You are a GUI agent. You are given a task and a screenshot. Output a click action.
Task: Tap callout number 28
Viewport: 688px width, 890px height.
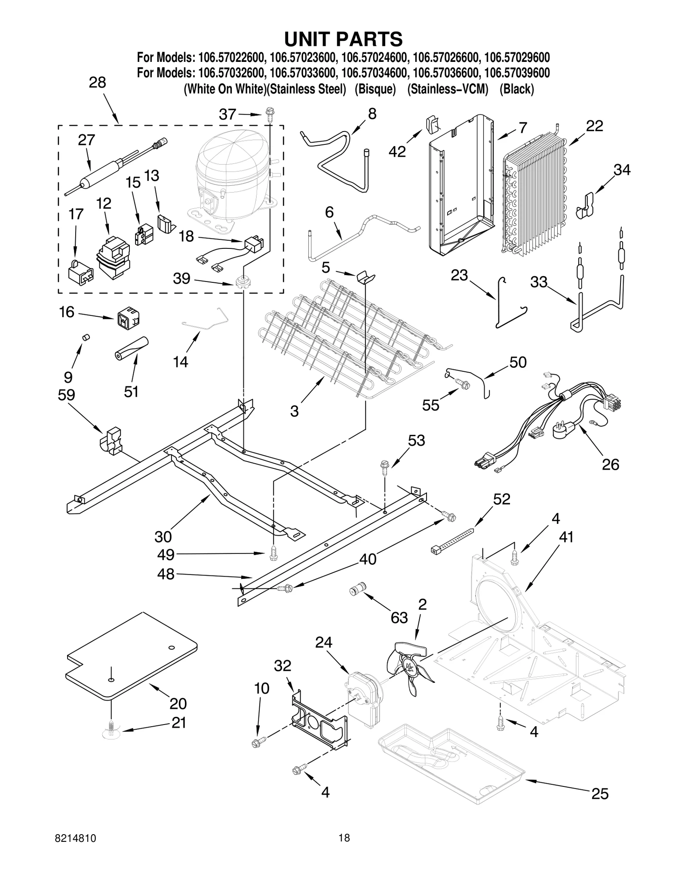click(x=98, y=83)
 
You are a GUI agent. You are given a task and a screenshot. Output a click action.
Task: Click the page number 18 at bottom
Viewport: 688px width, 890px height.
click(x=344, y=850)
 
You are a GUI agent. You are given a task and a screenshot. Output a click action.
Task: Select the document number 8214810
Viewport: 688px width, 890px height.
click(x=76, y=850)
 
